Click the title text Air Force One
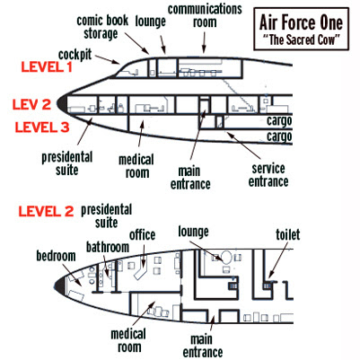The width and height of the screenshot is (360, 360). click(x=301, y=22)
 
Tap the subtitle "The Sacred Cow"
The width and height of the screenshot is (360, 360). click(x=301, y=40)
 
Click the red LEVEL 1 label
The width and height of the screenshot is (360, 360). click(x=47, y=67)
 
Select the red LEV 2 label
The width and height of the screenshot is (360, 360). click(x=31, y=104)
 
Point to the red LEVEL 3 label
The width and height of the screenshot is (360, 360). click(x=42, y=127)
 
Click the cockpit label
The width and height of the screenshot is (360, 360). click(x=75, y=55)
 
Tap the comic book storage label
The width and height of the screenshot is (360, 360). click(x=102, y=27)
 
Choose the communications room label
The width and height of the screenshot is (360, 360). click(x=205, y=16)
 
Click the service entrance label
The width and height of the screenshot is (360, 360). click(x=268, y=175)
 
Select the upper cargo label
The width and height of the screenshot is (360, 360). click(x=279, y=121)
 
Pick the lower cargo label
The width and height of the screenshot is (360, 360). click(x=279, y=136)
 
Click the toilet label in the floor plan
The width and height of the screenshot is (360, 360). click(x=287, y=235)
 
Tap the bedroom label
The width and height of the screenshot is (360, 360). click(x=56, y=256)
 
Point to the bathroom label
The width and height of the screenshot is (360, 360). click(x=108, y=247)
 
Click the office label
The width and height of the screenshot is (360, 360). click(x=142, y=235)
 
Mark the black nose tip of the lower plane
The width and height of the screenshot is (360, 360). click(x=59, y=284)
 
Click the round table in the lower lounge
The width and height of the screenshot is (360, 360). click(x=226, y=257)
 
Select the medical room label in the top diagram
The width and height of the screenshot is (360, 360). click(x=136, y=166)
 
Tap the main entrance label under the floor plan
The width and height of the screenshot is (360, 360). click(x=203, y=346)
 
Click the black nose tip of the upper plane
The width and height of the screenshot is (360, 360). click(x=62, y=103)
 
